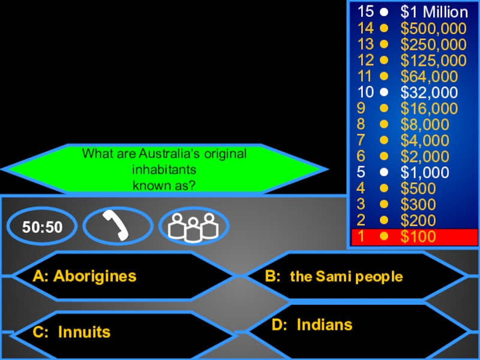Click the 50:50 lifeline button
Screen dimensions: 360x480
click(42, 227)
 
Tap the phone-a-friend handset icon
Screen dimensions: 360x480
click(118, 226)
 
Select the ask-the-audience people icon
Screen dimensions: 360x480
click(193, 226)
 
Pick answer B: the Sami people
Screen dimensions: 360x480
click(334, 277)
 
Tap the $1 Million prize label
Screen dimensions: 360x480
click(434, 12)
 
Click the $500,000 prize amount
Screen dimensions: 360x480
click(434, 28)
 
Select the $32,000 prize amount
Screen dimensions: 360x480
click(429, 92)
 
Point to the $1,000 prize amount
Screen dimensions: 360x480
click(425, 173)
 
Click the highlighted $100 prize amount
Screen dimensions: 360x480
click(419, 236)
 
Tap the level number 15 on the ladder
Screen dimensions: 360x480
click(365, 12)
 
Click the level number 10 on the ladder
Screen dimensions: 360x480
click(365, 92)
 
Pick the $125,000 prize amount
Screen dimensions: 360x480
click(434, 61)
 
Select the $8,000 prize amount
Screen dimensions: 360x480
click(425, 125)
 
